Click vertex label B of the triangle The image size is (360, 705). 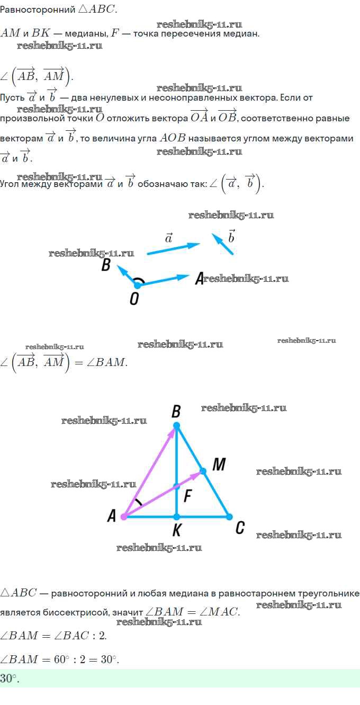pos(176,411)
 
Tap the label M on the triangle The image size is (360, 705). pos(219,465)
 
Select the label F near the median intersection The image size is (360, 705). pos(188,497)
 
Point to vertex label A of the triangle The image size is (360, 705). pos(112,516)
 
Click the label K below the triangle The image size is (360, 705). pos(177,530)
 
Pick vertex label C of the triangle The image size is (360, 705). pos(240,527)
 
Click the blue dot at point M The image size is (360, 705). pos(203,470)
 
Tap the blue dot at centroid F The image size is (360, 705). pos(177,486)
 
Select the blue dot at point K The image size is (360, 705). pos(177,516)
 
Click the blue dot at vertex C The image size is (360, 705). pos(229,516)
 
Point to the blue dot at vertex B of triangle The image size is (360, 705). pos(177,425)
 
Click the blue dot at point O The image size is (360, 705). pos(137,285)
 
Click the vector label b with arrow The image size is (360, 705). pos(231,236)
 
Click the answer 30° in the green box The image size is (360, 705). pos(10,679)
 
